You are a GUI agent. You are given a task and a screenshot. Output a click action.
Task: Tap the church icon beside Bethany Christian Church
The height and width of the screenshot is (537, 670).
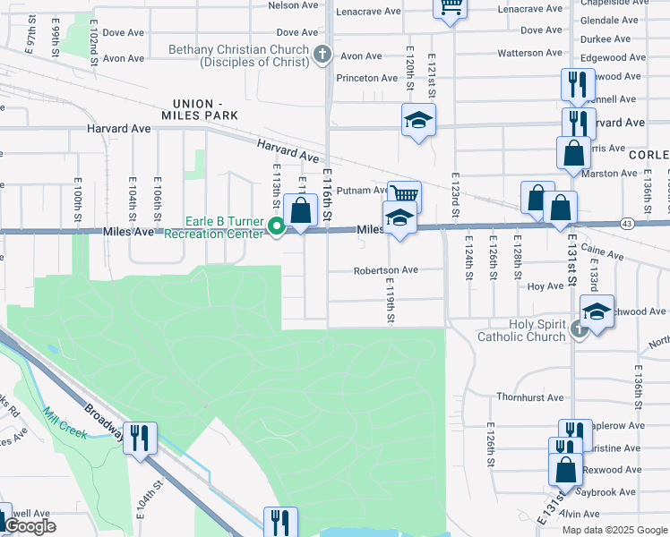[x=322, y=55]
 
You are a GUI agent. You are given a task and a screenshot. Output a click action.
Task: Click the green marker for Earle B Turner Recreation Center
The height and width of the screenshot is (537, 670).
[x=277, y=227]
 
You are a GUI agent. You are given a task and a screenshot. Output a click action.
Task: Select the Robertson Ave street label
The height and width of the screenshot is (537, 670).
[x=385, y=269]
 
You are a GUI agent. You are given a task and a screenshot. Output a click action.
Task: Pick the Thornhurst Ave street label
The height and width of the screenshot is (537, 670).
[x=529, y=396]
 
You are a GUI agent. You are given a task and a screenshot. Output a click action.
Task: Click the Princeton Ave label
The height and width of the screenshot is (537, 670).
[x=366, y=78]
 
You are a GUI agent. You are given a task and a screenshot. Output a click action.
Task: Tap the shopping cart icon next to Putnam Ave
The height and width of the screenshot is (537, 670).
[x=404, y=195]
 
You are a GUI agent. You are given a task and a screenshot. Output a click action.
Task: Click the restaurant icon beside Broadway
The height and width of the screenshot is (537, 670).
[x=140, y=438]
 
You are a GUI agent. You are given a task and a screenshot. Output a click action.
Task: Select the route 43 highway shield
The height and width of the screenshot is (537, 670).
[x=626, y=223]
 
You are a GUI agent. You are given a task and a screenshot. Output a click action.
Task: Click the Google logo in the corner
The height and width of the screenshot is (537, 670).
[x=30, y=526]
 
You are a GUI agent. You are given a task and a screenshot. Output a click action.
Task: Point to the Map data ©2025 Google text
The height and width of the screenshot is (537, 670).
[x=614, y=530]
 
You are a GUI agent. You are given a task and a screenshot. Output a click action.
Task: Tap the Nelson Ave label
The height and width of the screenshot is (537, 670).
[x=294, y=4]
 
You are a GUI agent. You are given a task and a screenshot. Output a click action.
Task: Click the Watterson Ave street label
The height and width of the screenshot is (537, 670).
[x=529, y=53]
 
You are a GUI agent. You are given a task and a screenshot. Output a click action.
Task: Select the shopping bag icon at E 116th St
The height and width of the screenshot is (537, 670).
[x=302, y=211]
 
